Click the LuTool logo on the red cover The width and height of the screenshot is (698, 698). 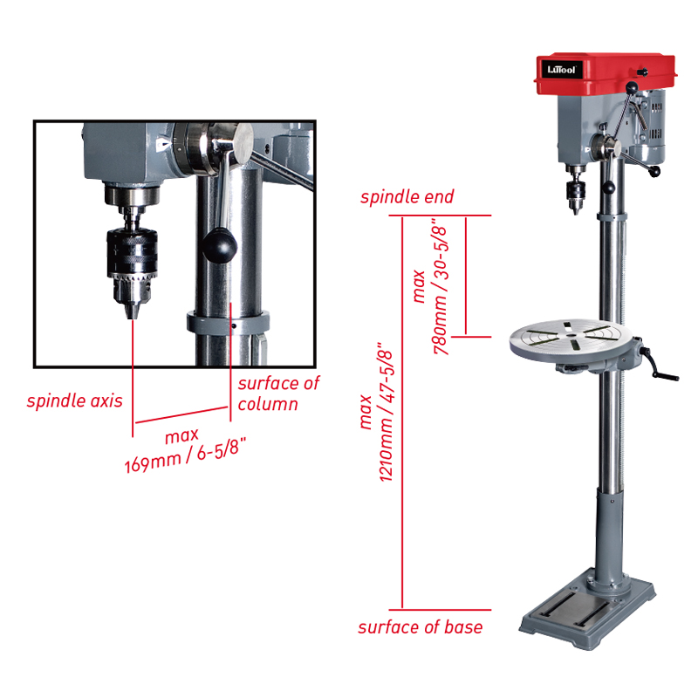(x=562, y=70)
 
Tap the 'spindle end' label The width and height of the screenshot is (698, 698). (x=407, y=196)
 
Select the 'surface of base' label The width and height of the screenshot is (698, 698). (x=421, y=626)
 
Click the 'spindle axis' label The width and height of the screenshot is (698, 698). (x=75, y=400)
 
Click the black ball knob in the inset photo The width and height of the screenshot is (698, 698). (x=220, y=246)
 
